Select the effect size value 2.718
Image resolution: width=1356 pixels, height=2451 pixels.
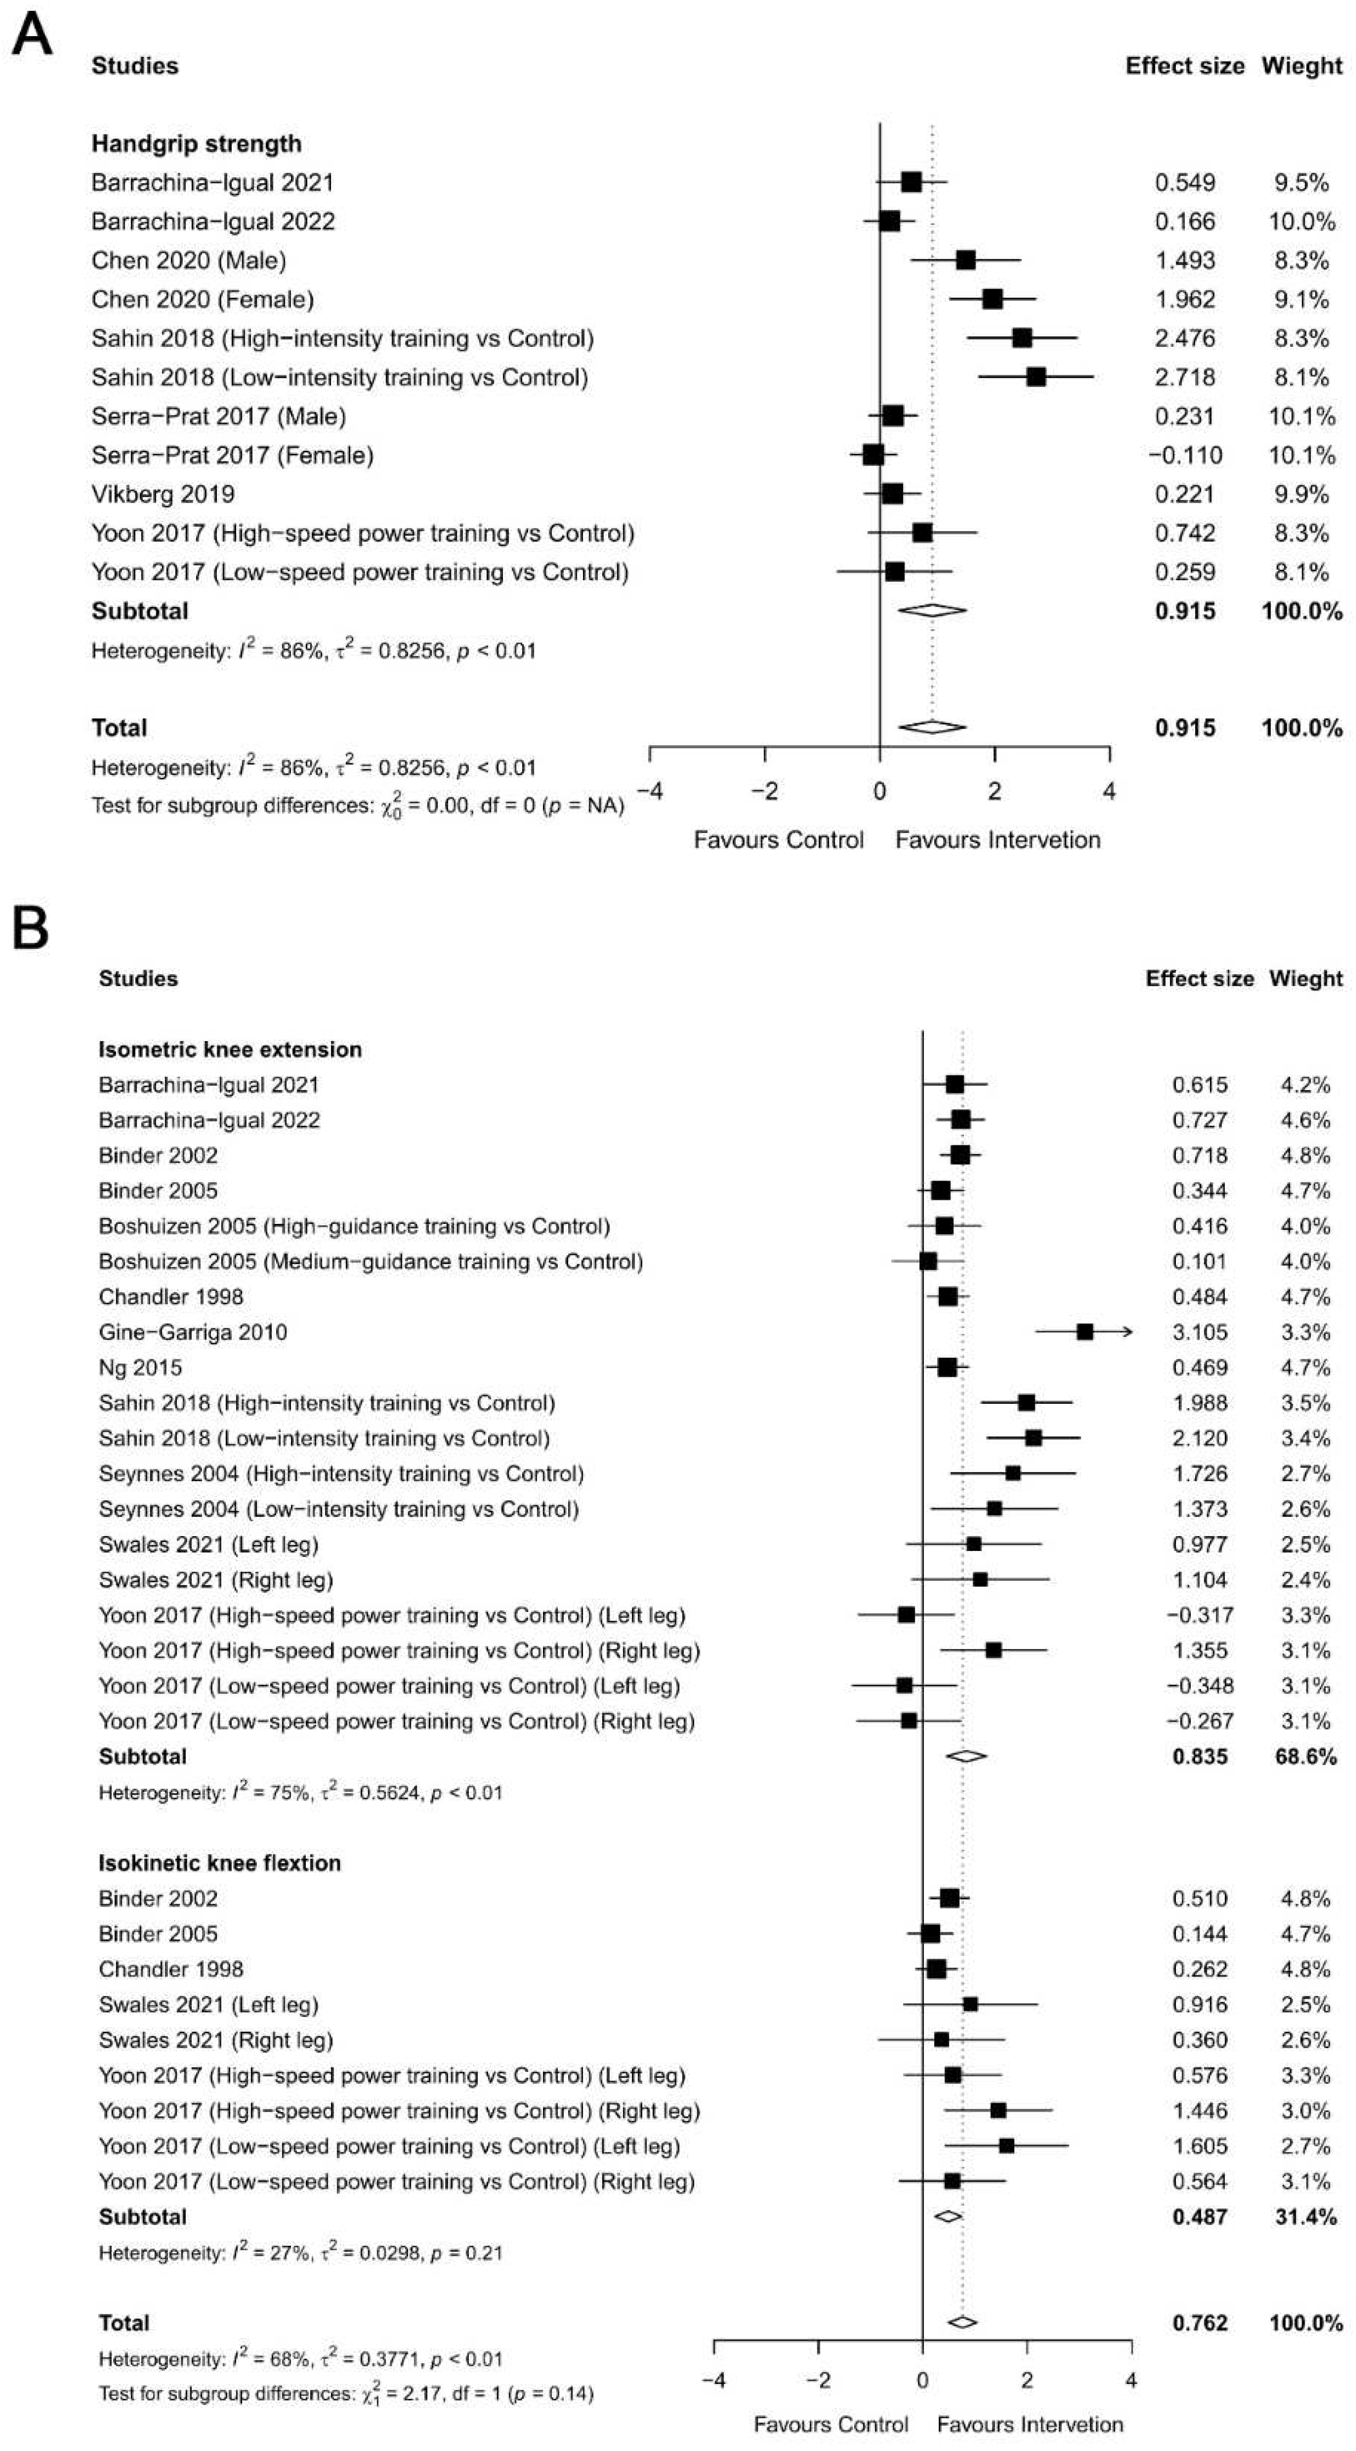1185,378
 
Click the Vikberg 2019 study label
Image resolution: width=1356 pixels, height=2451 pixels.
163,494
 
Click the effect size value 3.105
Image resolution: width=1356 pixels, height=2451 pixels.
1200,1332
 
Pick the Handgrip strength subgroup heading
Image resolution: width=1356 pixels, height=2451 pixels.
196,144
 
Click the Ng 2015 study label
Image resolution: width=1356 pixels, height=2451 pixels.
140,1367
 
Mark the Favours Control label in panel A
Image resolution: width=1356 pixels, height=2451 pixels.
778,840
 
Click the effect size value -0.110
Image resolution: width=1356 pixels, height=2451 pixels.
1185,455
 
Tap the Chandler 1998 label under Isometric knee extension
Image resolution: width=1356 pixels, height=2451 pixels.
170,1297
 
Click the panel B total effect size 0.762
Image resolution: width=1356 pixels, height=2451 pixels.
1200,2324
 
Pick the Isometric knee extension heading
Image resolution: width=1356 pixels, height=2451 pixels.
230,1049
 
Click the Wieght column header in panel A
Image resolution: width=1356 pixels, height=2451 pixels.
1302,66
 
